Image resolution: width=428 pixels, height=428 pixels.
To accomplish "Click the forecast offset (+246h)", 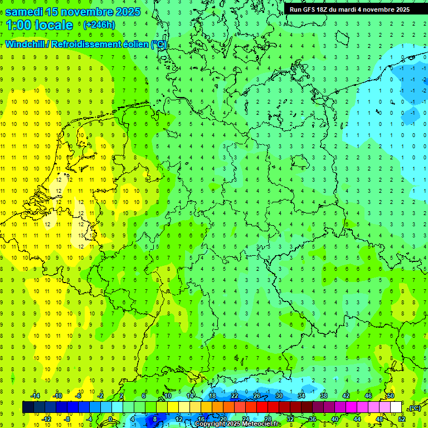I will [x=99, y=25].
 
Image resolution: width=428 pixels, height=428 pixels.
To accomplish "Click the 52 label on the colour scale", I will [x=402, y=419].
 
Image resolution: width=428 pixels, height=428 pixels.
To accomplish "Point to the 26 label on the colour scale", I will [x=257, y=396].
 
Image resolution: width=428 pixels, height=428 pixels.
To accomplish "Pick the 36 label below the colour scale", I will [x=313, y=419].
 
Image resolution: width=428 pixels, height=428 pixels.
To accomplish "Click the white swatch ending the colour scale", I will [x=396, y=407].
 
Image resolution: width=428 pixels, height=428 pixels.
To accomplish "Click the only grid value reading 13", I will [x=81, y=236].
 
